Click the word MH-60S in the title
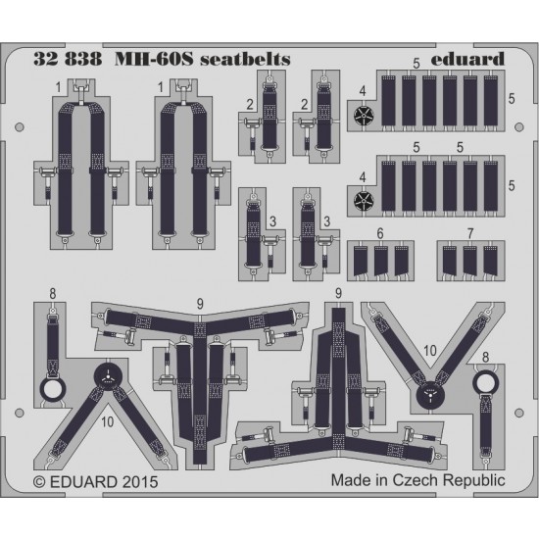[x=153, y=59]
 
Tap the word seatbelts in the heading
[x=245, y=59]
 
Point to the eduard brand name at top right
[x=467, y=59]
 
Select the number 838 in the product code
[x=83, y=59]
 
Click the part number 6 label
[x=380, y=234]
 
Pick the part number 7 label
[x=470, y=234]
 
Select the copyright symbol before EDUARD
[x=39, y=482]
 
